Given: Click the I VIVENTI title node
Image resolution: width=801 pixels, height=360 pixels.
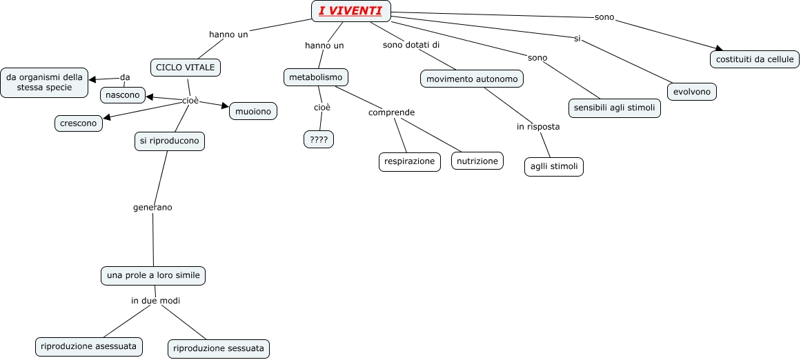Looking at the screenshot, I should tap(350, 11).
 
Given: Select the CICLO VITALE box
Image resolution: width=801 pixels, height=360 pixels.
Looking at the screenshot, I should tap(186, 67).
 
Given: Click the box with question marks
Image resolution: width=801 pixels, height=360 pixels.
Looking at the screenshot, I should tap(318, 139).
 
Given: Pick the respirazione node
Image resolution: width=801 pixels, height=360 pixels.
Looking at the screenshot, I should tap(409, 161).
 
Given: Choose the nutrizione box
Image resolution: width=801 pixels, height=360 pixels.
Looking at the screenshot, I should tap(477, 161).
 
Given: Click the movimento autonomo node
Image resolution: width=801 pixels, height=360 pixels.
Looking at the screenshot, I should tap(472, 79).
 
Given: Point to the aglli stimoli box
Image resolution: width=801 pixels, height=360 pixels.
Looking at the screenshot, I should tap(553, 166).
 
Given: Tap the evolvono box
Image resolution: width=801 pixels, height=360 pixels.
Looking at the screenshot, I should tap(692, 91).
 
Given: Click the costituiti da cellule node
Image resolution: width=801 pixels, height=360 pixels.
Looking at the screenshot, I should tap(755, 59).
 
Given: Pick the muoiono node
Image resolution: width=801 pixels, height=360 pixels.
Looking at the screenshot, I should tap(253, 110).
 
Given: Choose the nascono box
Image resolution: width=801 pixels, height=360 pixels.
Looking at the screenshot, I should tap(123, 94).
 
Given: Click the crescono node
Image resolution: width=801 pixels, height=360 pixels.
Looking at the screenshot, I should tap(79, 123).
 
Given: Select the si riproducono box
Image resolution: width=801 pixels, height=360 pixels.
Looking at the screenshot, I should tap(169, 141).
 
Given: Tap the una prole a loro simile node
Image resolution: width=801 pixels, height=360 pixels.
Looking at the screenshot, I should tap(153, 275).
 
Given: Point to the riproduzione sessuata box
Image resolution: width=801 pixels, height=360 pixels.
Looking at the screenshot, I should tap(219, 348).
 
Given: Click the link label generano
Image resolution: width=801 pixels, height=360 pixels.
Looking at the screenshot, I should tap(152, 207).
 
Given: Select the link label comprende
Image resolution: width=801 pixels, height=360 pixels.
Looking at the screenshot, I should tap(391, 112).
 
